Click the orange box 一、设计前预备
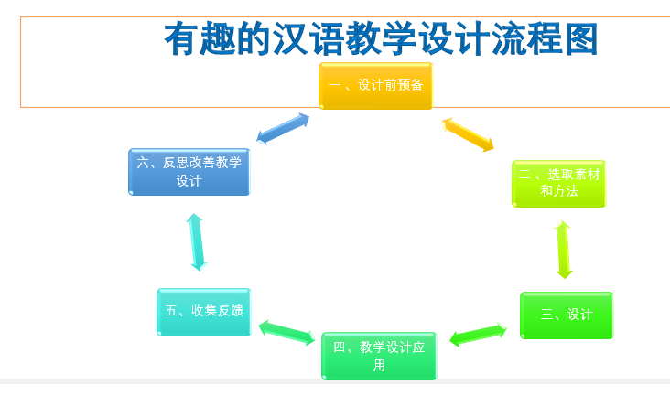point(375,86)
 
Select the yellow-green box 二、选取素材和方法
point(558,183)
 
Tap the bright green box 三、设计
point(566,315)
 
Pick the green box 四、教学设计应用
point(379,356)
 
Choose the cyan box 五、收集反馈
point(203,311)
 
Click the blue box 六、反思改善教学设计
point(189,172)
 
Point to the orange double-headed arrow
point(468,133)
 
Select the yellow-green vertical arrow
point(564,250)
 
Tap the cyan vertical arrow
point(196,241)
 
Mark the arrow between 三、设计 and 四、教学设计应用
point(478,335)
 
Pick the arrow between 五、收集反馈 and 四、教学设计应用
point(286,331)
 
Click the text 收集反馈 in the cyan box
point(217,311)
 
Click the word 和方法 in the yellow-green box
point(558,191)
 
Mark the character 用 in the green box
point(379,366)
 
